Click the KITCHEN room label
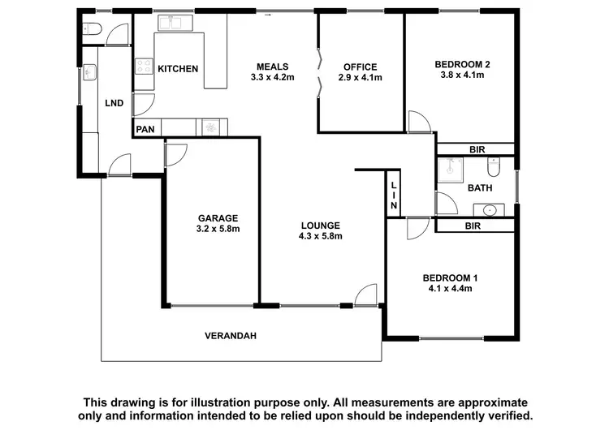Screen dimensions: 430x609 (178, 69)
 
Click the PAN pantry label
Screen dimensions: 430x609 (146, 128)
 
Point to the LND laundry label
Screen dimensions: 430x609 (114, 104)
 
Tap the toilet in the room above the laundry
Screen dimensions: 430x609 (91, 31)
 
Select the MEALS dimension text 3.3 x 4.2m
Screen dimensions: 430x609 (272, 79)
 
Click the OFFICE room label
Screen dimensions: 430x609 (360, 67)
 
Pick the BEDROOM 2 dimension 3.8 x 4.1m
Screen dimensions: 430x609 (461, 75)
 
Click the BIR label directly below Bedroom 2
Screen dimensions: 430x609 (476, 148)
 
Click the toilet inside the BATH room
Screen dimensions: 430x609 (493, 168)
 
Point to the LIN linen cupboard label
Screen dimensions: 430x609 (393, 196)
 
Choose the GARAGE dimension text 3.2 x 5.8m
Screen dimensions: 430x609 (218, 229)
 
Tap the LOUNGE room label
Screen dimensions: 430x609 (320, 226)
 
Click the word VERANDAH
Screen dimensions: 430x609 (230, 335)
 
